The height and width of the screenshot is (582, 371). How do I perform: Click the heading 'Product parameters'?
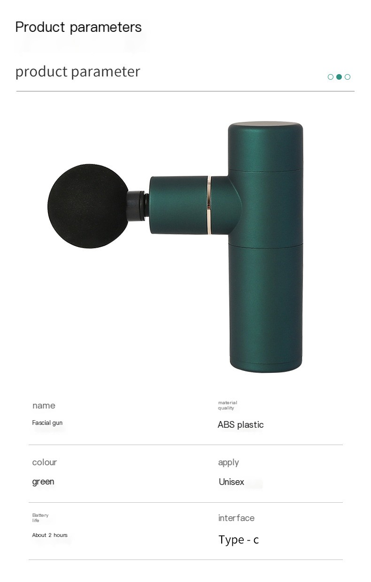coord(78,27)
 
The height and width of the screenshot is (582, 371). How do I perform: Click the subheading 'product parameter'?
coord(78,72)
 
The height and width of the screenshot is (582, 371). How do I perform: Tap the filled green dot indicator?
coord(339,77)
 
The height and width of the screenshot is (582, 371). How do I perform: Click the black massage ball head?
coord(88,206)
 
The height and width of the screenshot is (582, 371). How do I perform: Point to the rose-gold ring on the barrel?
coord(209,205)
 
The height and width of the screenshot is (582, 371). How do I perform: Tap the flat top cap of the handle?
coord(266,124)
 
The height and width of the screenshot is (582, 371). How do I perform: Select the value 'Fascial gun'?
coord(47,423)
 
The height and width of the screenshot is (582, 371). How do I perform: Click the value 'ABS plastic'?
coord(240,424)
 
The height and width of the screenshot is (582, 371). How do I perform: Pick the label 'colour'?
coord(45,462)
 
